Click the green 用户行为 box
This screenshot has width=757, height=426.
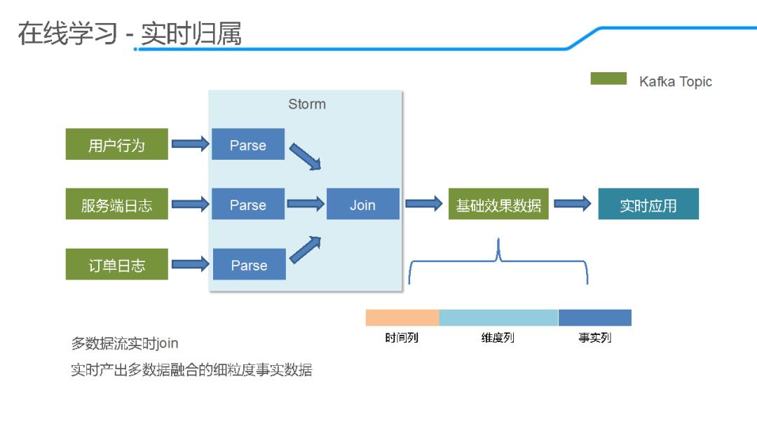(x=116, y=144)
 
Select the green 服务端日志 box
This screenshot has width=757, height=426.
(x=116, y=205)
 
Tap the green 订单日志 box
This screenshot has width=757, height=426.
(x=116, y=264)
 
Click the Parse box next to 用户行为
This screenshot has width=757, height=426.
(x=248, y=144)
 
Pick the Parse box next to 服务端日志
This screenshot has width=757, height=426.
(x=248, y=205)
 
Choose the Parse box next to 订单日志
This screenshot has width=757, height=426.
(x=249, y=264)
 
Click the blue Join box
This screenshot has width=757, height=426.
(x=362, y=205)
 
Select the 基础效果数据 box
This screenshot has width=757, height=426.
(x=498, y=205)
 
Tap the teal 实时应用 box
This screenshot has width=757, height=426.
(x=648, y=205)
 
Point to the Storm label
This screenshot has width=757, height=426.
(x=307, y=104)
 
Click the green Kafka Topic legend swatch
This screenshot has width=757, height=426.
(x=608, y=78)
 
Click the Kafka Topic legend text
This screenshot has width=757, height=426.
(x=675, y=82)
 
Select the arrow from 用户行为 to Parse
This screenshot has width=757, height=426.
(x=190, y=144)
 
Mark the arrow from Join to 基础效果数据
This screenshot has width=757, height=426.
(x=423, y=204)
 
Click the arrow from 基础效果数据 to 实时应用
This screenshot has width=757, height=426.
(x=573, y=204)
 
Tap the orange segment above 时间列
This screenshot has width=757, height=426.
(x=402, y=317)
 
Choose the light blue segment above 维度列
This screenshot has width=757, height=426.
(x=498, y=317)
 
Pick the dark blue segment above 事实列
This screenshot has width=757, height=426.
(x=594, y=317)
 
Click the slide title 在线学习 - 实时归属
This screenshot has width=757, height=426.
(x=130, y=33)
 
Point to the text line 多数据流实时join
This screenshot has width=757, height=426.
(x=125, y=343)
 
